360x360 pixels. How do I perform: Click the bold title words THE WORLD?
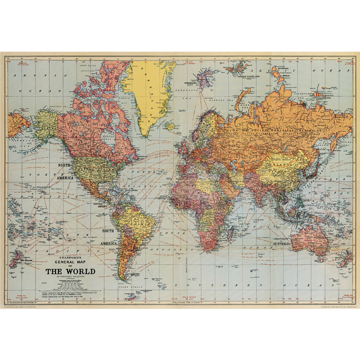tap(70, 271)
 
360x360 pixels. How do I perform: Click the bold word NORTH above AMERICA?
tap(63, 165)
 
